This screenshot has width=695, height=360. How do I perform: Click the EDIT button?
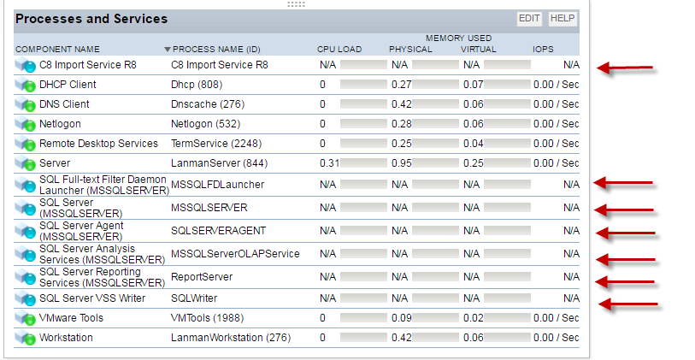(529, 18)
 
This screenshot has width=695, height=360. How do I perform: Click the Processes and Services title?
(91, 19)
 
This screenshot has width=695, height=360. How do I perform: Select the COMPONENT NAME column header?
(57, 50)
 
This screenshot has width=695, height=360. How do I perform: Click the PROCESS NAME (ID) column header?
(217, 50)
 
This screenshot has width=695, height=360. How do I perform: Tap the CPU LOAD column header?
(339, 50)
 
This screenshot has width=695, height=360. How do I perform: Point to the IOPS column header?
(543, 50)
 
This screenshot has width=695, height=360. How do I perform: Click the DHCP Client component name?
(68, 85)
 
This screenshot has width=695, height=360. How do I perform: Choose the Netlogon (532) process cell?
(205, 124)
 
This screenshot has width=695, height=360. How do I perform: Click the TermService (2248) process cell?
(213, 144)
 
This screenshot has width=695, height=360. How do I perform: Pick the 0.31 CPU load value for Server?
(329, 163)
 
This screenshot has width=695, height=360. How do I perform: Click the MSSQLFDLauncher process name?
(217, 184)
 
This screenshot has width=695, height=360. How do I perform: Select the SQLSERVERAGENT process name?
(218, 231)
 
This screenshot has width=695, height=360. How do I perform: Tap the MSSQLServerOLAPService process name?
(235, 254)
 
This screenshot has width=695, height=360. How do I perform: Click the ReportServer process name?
(202, 277)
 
